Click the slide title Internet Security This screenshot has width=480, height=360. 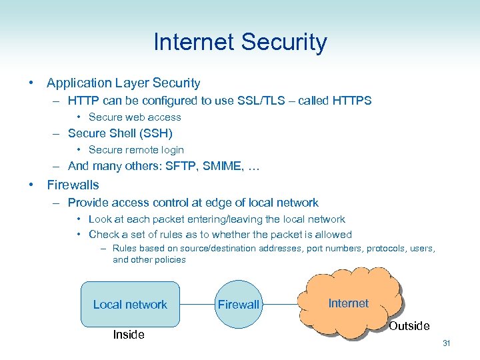pyautogui.click(x=240, y=42)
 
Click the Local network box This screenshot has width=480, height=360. pyautogui.click(x=130, y=304)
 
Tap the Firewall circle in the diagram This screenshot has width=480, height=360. pyautogui.click(x=238, y=305)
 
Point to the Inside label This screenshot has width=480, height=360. pyautogui.click(x=129, y=335)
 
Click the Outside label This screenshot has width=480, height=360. pyautogui.click(x=409, y=326)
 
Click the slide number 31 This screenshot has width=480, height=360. pyautogui.click(x=446, y=343)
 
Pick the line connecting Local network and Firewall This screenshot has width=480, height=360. pyautogui.click(x=197, y=305)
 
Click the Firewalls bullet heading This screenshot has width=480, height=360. pyautogui.click(x=73, y=185)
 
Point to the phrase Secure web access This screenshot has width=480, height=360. pyautogui.click(x=135, y=117)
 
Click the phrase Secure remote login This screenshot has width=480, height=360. pyautogui.click(x=136, y=150)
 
